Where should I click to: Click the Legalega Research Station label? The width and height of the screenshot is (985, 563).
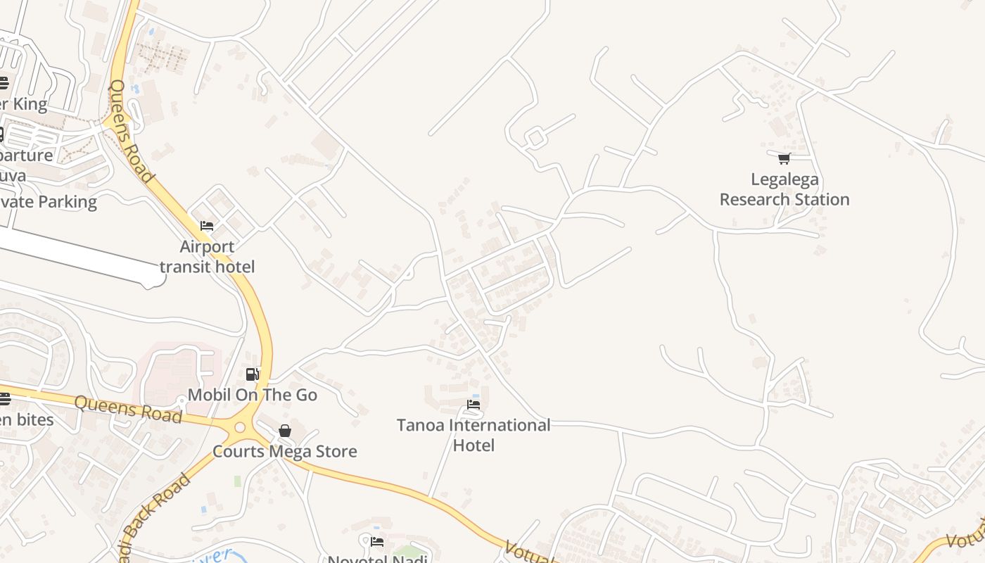[784, 189]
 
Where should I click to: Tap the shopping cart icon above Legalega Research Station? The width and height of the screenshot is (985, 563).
[784, 158]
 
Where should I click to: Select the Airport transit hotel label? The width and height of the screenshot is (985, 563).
[207, 257]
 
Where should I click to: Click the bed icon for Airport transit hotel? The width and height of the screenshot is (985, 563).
[207, 226]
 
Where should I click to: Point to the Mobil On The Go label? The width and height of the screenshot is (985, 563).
[253, 395]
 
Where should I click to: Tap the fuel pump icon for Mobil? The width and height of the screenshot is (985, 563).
[252, 374]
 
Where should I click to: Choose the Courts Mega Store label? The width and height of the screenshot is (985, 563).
[285, 451]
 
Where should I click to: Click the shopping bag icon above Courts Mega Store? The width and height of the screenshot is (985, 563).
[285, 430]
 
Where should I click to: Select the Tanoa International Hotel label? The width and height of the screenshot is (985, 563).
[474, 435]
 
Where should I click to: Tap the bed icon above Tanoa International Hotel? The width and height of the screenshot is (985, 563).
[474, 405]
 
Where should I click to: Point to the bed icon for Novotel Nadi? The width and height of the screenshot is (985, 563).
[377, 541]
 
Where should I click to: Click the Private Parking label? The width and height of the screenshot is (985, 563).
[48, 202]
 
